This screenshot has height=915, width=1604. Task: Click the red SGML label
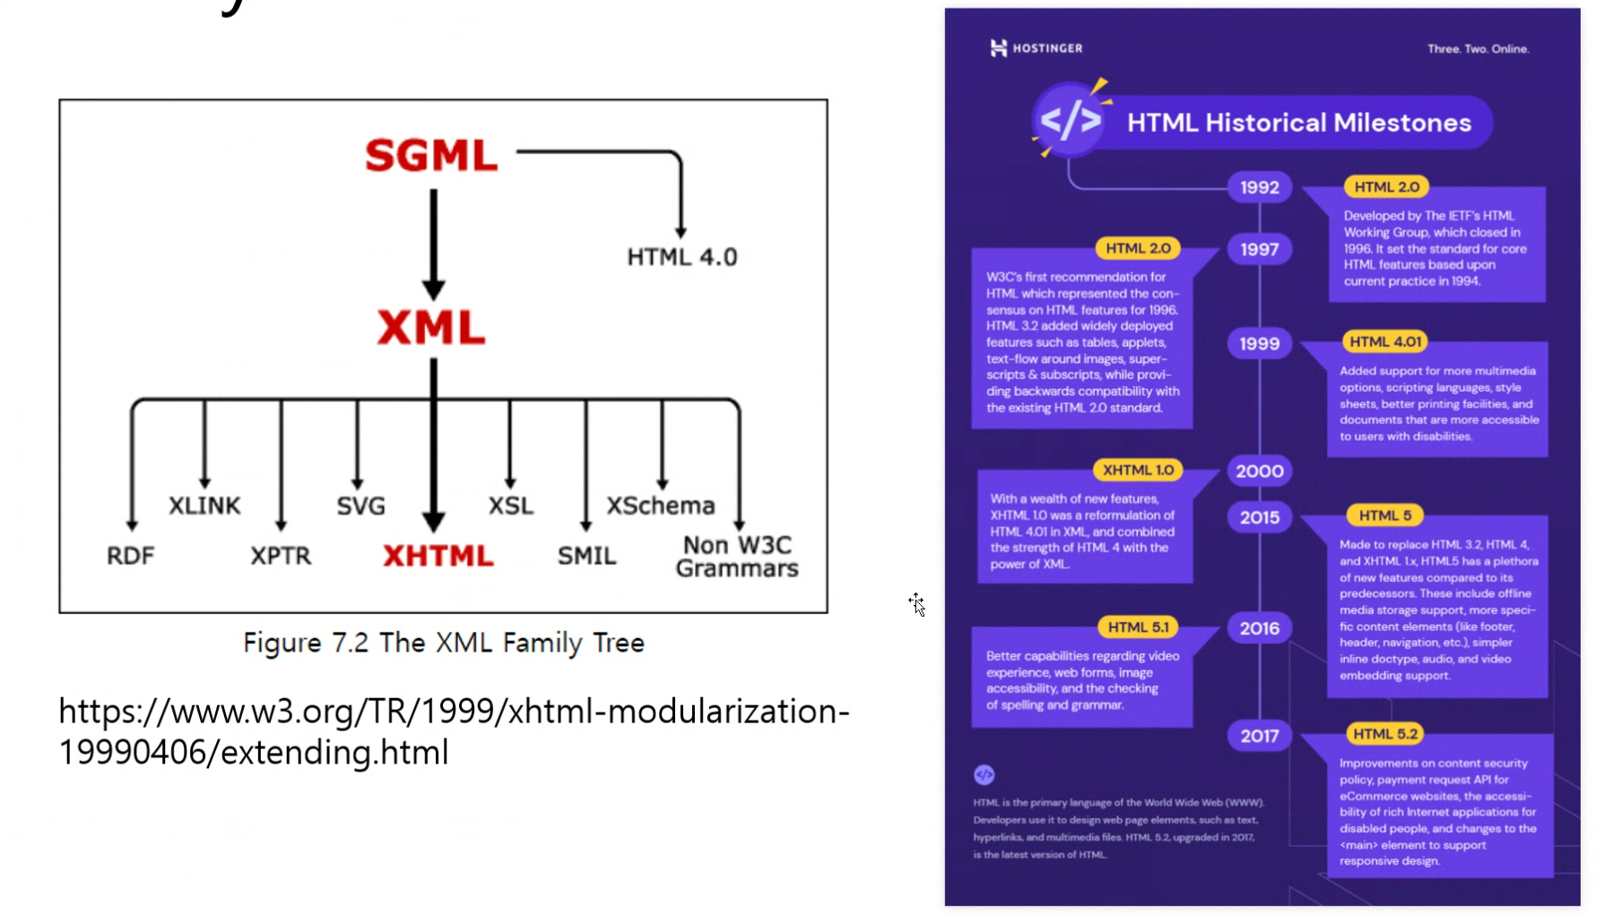click(431, 155)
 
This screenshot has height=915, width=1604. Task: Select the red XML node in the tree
click(431, 327)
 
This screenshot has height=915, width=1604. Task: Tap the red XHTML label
click(438, 556)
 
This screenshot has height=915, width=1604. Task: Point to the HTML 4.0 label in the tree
click(681, 257)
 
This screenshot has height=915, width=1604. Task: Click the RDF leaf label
click(130, 556)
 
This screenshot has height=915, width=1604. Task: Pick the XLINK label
click(204, 505)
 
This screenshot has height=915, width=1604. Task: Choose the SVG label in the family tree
click(360, 506)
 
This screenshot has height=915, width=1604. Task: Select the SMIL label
click(586, 556)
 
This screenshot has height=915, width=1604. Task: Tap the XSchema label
click(661, 505)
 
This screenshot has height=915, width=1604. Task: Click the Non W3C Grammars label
click(737, 557)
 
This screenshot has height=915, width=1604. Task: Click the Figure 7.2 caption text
click(444, 643)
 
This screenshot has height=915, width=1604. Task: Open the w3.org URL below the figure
click(454, 731)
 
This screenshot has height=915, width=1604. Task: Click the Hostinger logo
click(1036, 48)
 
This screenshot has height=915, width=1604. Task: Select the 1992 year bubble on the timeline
click(1259, 187)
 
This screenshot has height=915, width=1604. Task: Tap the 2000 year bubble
click(1259, 470)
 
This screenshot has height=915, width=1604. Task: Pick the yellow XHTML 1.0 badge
click(1138, 470)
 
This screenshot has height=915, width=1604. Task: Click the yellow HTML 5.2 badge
click(1385, 734)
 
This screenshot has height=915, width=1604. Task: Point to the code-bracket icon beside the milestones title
click(1071, 120)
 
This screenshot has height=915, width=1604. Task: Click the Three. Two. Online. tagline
click(1478, 49)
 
